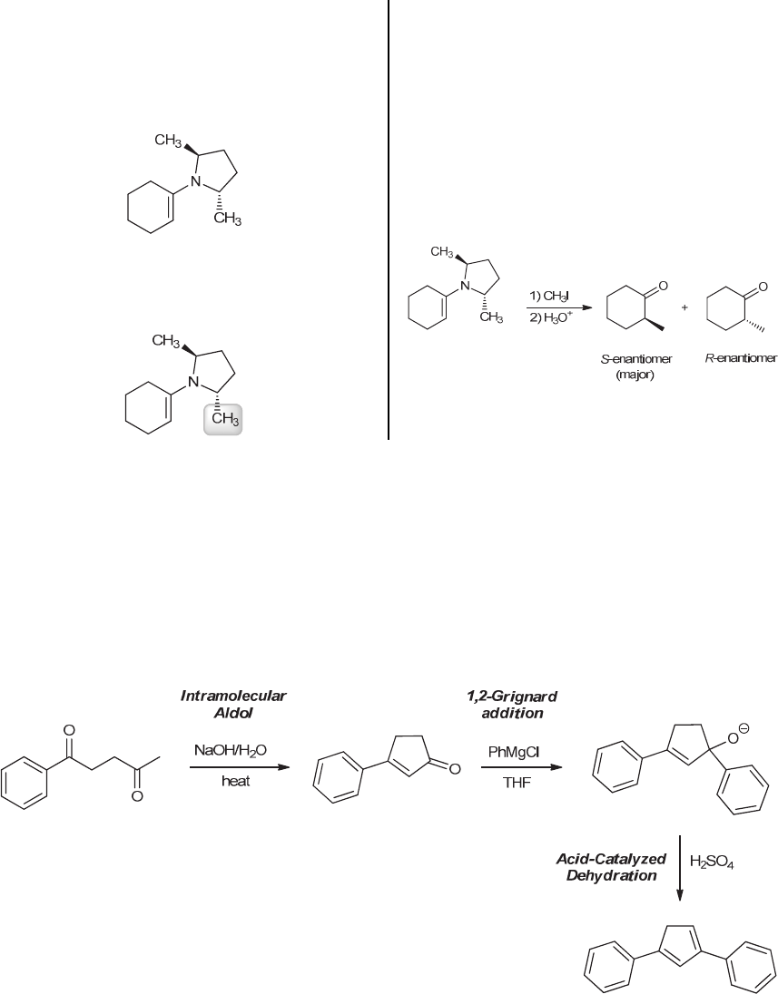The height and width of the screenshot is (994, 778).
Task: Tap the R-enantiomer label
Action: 741,358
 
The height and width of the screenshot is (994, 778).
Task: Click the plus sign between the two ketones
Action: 684,308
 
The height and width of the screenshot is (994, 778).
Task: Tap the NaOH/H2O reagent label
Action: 235,750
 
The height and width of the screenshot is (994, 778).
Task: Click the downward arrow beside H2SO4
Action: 680,870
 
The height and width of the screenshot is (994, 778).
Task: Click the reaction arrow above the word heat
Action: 235,767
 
